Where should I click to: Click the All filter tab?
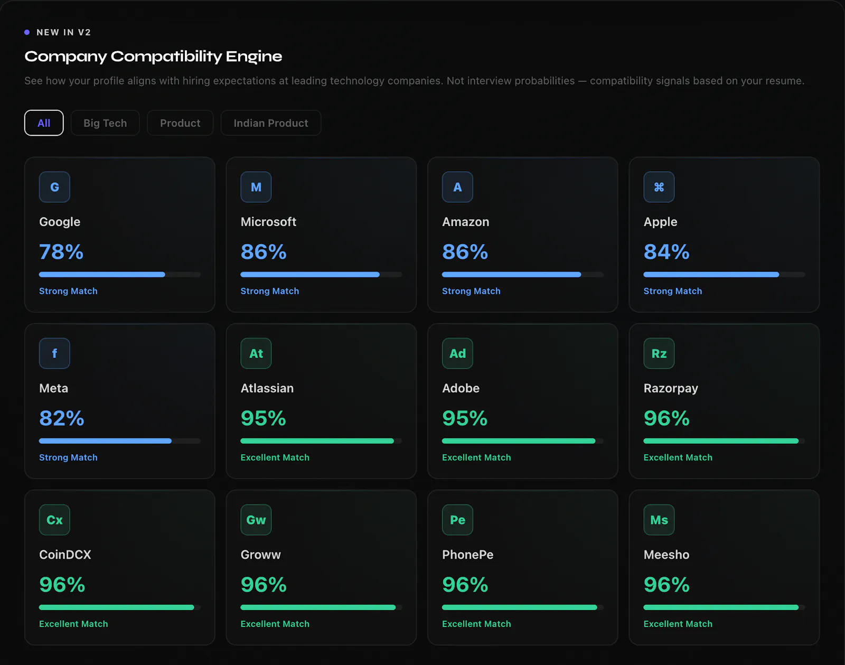click(44, 123)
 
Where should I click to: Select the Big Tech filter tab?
click(105, 123)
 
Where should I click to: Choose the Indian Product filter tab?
click(270, 123)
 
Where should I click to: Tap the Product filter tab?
click(180, 123)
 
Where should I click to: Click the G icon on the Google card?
click(54, 187)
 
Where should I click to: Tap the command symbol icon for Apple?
click(659, 187)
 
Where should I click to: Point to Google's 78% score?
click(61, 252)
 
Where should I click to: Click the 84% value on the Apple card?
click(666, 252)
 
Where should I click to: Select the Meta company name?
click(53, 388)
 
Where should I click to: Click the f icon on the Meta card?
click(54, 353)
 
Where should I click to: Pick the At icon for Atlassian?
click(256, 353)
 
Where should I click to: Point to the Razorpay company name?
click(671, 388)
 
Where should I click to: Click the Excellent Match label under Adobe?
click(476, 457)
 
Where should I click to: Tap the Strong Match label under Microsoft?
click(270, 291)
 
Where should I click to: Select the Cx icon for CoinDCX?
click(54, 520)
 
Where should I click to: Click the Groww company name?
click(261, 555)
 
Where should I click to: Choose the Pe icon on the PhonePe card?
click(457, 520)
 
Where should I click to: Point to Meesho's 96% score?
click(666, 585)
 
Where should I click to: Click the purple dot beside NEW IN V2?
click(27, 32)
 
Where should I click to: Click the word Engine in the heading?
click(253, 57)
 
